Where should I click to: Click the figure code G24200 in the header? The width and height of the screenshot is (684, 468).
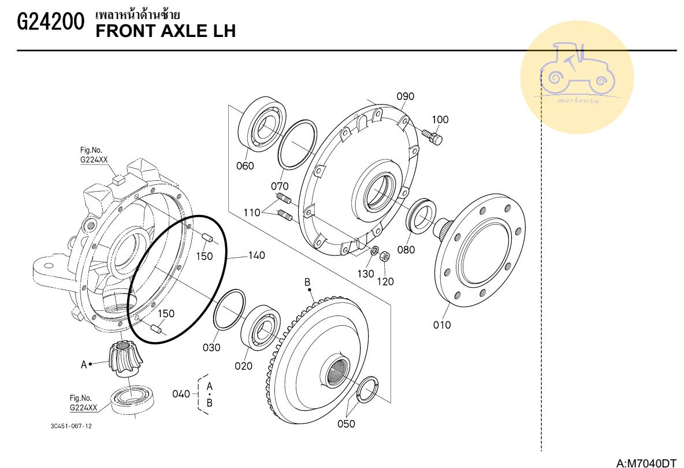[51, 22]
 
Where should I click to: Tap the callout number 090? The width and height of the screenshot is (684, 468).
[405, 96]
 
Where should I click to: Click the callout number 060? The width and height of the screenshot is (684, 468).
[245, 166]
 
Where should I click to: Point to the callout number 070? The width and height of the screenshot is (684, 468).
[280, 186]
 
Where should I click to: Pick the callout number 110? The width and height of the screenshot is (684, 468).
[252, 213]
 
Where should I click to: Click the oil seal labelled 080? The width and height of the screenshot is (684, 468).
[421, 216]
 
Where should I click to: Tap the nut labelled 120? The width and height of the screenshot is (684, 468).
[385, 257]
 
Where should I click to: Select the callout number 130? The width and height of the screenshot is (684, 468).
[366, 274]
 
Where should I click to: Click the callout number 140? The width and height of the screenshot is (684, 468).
[256, 255]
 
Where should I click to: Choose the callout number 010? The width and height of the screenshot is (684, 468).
[442, 325]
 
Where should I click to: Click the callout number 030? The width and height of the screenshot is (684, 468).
[211, 348]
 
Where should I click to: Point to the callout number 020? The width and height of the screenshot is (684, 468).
[243, 366]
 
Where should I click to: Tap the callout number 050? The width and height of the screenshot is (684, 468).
[346, 424]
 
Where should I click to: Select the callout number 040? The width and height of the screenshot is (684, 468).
[181, 394]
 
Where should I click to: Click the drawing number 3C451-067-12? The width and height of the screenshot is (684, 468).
[71, 426]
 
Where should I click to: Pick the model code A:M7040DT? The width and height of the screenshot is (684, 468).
[646, 463]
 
